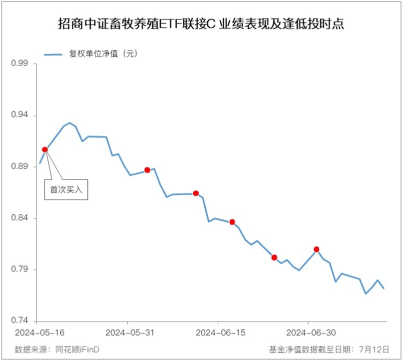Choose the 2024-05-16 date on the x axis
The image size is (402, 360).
[37, 332]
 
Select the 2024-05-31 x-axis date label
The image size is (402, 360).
[127, 332]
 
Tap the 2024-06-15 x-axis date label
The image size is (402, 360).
[218, 332]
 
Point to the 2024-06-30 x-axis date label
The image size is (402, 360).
[308, 332]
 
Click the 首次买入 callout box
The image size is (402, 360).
[66, 190]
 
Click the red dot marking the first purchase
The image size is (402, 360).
[45, 149]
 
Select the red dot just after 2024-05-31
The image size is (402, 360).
[147, 170]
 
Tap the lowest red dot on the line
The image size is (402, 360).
[274, 257]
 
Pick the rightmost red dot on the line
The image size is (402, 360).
[317, 249]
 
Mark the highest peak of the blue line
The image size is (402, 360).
[70, 122]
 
